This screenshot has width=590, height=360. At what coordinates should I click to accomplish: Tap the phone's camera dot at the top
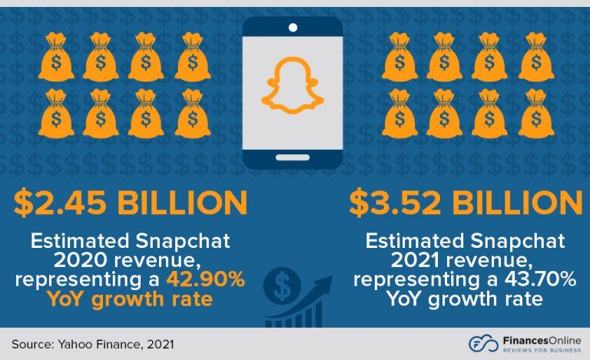tap(292, 28)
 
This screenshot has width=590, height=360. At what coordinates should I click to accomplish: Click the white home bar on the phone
tap(292, 157)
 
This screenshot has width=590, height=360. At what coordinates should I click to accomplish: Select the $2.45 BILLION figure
tap(130, 203)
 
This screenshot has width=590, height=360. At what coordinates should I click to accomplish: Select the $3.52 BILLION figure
tap(465, 203)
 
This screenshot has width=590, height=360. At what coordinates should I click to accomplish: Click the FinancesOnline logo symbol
tap(482, 343)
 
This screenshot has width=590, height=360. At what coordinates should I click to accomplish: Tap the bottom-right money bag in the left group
tap(193, 113)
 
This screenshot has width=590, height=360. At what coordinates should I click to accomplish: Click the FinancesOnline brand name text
tap(539, 339)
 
